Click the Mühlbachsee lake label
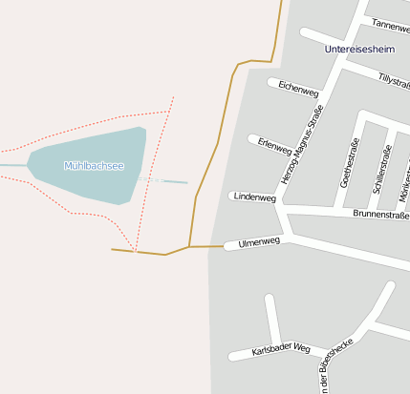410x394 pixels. tap(94, 166)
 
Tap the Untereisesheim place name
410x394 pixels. tap(359, 49)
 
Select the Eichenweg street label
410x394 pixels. tap(298, 90)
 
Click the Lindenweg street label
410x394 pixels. tap(254, 197)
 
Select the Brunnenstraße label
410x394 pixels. tap(380, 215)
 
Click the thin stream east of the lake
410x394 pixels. tap(172, 180)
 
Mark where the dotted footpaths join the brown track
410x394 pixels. tap(136, 252)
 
